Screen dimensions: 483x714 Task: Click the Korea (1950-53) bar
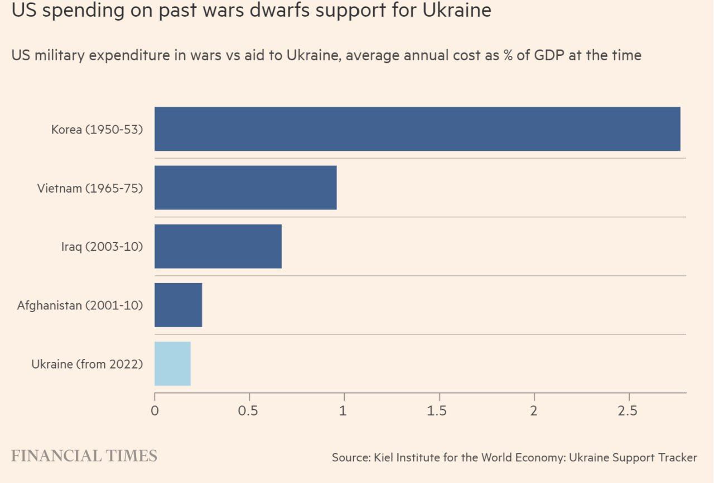417,129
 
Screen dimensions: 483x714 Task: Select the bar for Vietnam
245,188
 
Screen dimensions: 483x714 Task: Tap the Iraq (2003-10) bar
218,246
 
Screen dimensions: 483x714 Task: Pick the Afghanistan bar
178,305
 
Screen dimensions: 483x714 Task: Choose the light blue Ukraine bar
172,364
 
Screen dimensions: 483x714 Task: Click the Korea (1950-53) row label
97,130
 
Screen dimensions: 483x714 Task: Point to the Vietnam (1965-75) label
90,188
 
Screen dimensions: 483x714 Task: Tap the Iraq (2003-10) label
102,247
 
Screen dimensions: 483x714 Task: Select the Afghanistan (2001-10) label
80,305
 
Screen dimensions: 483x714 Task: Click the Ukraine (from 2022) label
87,364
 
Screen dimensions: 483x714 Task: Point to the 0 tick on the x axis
155,411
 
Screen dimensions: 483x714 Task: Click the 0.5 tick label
248,411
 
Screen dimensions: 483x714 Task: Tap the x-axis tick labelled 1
344,411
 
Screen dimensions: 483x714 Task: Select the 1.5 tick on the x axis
437,411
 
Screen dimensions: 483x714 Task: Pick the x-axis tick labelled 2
534,411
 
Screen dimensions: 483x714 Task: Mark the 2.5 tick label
628,411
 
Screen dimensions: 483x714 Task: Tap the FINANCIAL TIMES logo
84,456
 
